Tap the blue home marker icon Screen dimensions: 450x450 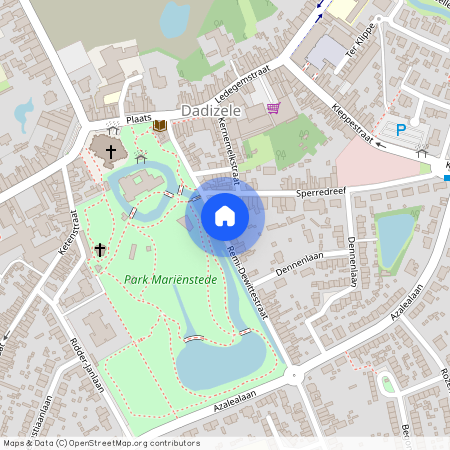click(x=225, y=215)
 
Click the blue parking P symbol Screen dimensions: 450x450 click(x=402, y=129)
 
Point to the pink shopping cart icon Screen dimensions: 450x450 click(x=273, y=108)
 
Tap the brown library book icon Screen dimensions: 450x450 click(x=158, y=125)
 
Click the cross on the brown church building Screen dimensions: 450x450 click(x=110, y=149)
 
